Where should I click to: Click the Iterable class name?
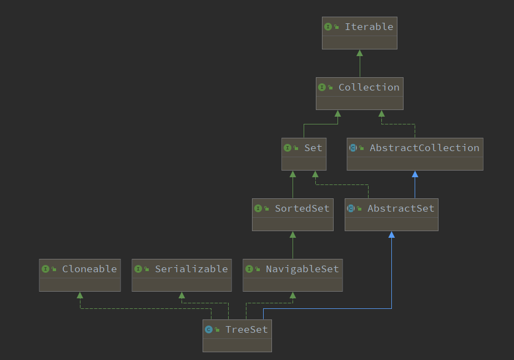coord(369,27)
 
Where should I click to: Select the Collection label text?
coord(369,87)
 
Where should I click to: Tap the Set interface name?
coord(313,148)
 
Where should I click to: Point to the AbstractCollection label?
coord(425,148)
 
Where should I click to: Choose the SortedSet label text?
coord(302,208)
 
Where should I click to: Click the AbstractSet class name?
coord(401,208)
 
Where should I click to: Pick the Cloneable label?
coord(89,269)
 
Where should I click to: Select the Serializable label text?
coord(191,269)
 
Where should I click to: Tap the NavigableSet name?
coord(302,269)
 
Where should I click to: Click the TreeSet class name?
coord(246,329)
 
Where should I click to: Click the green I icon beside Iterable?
coord(328,27)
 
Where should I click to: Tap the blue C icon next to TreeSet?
coord(209,329)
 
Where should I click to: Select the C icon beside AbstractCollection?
coord(352,148)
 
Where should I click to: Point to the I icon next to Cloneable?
coord(45,269)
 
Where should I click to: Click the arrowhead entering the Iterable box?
coord(360,53)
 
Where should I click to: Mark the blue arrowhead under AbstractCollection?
coord(415,174)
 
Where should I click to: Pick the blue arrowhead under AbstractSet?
coord(391,234)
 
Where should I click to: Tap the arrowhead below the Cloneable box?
coord(80,295)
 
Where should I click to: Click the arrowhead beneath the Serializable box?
coord(182,295)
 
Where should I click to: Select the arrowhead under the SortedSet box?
coord(293,234)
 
